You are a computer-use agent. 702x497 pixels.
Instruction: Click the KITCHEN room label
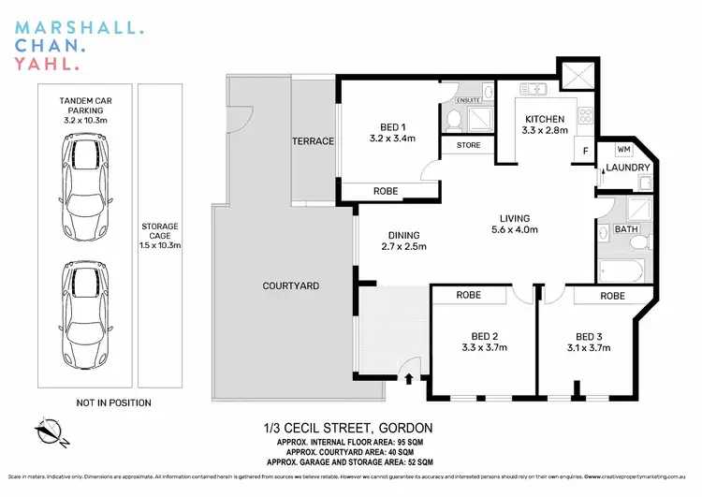coord(544,119)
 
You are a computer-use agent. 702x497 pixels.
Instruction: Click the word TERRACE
coord(313,141)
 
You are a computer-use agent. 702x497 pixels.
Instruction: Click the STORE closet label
coord(468,146)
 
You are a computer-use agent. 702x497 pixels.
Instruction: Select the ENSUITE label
coord(468,99)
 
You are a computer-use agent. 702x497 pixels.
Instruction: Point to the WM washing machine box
coord(622,149)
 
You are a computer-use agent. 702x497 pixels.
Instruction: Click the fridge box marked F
coord(586,152)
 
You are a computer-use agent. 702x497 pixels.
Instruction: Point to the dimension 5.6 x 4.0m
coord(517,241)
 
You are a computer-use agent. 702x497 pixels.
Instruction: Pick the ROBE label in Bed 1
coord(386,191)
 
